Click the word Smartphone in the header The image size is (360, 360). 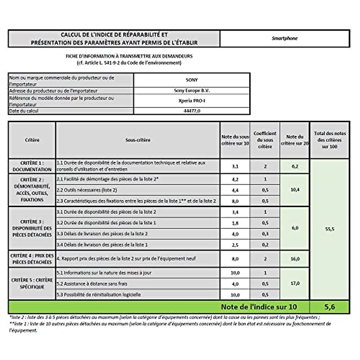pyautogui.click(x=284, y=38)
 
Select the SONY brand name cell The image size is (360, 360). pyautogui.click(x=192, y=80)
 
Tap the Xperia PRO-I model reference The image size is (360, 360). pyautogui.click(x=192, y=101)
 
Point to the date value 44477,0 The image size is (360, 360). pyautogui.click(x=192, y=111)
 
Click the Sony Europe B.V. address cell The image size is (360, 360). pyautogui.click(x=192, y=91)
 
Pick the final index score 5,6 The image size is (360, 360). pyautogui.click(x=329, y=307)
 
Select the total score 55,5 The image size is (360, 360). pyautogui.click(x=329, y=229)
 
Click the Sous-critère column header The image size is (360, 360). pyautogui.click(x=138, y=140)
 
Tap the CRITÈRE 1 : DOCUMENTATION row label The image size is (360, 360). pyautogui.click(x=32, y=166)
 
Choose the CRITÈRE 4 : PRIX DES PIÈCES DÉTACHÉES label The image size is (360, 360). pyautogui.click(x=32, y=259)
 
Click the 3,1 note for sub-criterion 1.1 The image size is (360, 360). pyautogui.click(x=235, y=166)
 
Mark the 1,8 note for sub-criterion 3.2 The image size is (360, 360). pyautogui.click(x=235, y=223)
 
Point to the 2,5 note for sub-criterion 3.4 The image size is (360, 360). pyautogui.click(x=235, y=245)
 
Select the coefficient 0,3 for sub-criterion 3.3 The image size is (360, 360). pyautogui.click(x=265, y=234)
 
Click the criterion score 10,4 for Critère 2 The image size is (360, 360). pyautogui.click(x=295, y=190)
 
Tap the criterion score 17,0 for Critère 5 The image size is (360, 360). pyautogui.click(x=295, y=283)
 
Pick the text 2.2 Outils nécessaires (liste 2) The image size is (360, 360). pyautogui.click(x=87, y=190)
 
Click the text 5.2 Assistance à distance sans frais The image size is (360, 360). pyautogui.click(x=92, y=284)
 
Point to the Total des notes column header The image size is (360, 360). pyautogui.click(x=329, y=140)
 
